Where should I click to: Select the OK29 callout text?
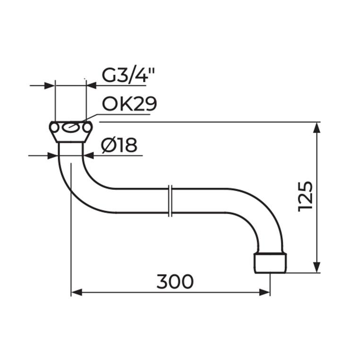coord(129,103)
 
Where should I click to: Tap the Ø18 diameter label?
coord(119,146)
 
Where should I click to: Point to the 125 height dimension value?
coord(306,196)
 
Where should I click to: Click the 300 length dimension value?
coord(175,282)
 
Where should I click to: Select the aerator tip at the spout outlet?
coord(270,263)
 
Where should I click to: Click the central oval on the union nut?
coord(71,127)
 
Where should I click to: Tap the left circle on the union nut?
coord(55,127)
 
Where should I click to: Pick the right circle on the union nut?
coord(87,127)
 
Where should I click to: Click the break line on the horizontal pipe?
coord(171,201)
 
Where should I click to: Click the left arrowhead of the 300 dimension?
coord(76,293)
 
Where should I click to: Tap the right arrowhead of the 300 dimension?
coord(265,293)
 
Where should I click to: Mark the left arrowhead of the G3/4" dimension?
coord(51,86)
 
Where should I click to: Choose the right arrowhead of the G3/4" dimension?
coord(91,86)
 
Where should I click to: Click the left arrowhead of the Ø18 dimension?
coord(54,155)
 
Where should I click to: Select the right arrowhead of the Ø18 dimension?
coord(87,155)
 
